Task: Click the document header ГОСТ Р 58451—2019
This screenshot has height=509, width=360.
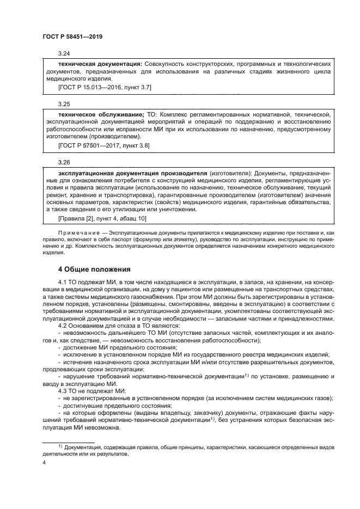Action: coord(72,36)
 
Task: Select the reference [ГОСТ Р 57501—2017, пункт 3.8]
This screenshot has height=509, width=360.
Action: coord(103,145)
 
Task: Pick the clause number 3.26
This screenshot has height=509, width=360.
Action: coord(64,162)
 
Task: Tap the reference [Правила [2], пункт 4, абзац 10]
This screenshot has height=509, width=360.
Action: coord(101,218)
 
